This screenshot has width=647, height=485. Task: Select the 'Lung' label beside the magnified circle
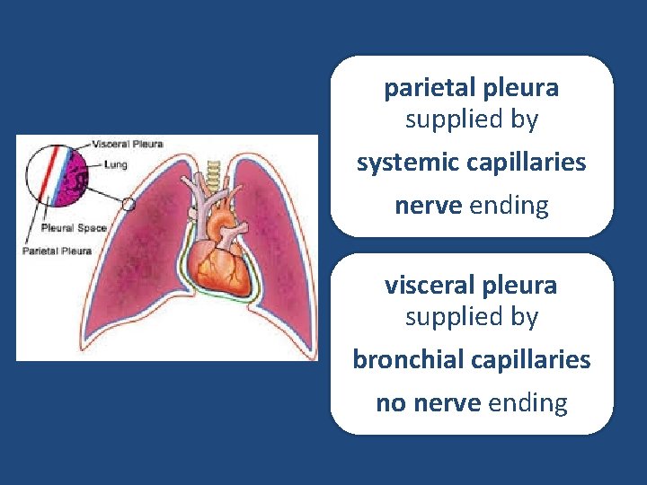coord(115,165)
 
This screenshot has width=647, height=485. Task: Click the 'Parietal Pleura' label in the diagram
coord(58,251)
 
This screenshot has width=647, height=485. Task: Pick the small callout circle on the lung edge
coord(129,205)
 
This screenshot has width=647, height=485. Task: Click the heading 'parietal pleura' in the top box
coord(472,88)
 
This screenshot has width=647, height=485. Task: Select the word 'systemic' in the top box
coord(408,163)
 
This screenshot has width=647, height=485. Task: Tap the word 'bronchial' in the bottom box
coord(405,360)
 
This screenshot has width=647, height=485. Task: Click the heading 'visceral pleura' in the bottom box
coord(472,286)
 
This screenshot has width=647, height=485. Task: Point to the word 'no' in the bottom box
coord(390,403)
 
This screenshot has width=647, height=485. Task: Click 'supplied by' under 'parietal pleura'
coord(472,119)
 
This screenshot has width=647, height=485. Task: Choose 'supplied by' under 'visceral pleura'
coord(472,316)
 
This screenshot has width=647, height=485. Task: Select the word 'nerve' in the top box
coord(429,206)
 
